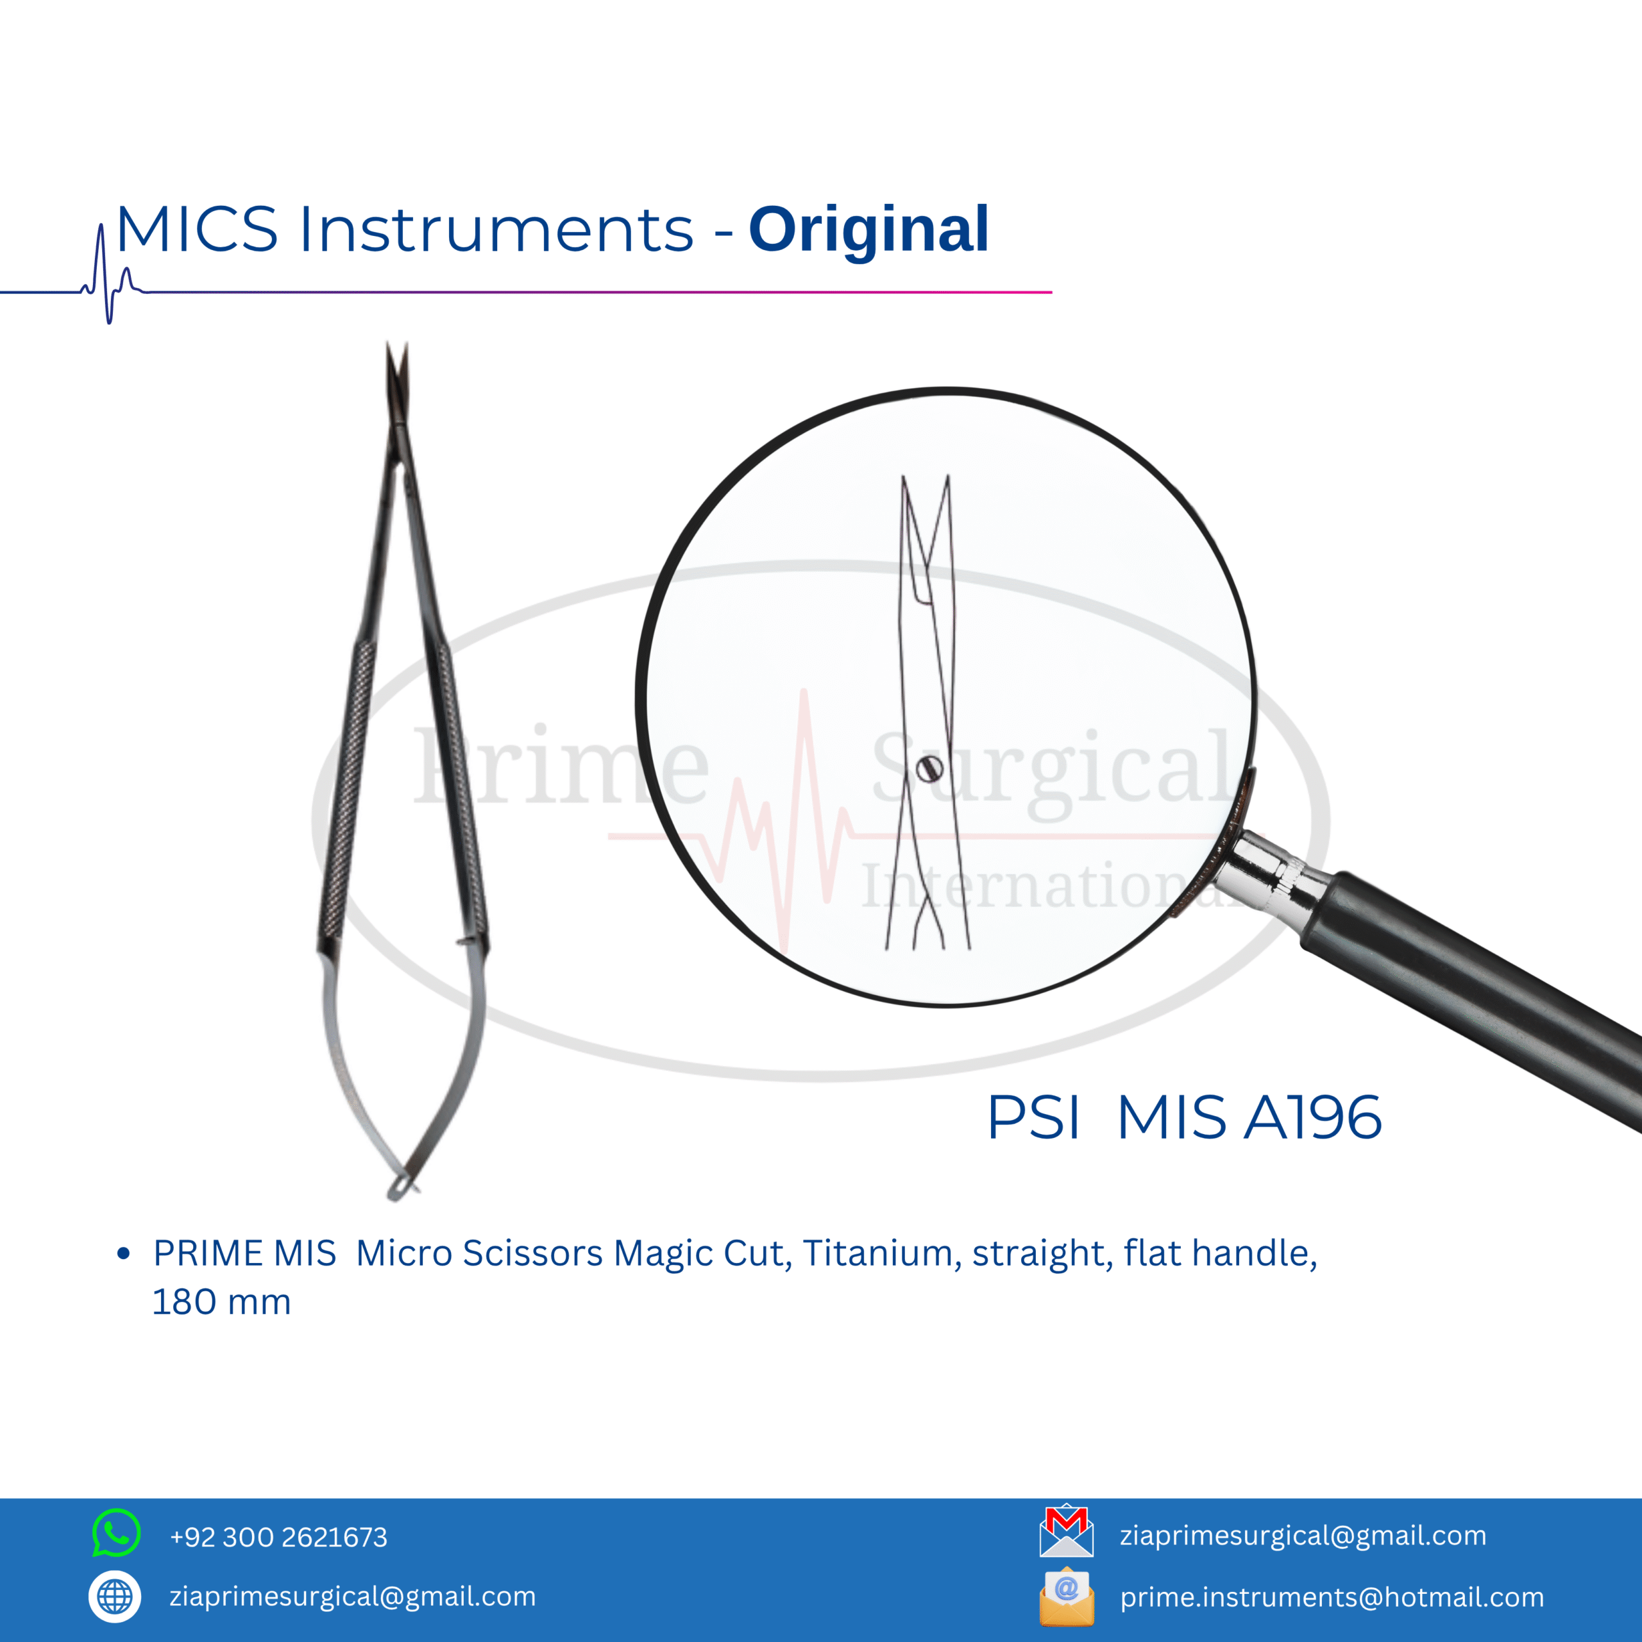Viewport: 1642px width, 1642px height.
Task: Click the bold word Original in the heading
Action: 868,231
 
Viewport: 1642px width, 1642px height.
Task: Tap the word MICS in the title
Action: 197,230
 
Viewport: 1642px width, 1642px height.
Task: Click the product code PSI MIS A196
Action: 1185,1117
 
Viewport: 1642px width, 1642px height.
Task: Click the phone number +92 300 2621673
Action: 279,1537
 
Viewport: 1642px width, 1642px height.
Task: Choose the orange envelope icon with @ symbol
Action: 1067,1596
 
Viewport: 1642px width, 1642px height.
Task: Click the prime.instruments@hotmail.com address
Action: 1332,1597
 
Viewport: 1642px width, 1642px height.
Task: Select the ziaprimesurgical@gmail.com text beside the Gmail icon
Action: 1303,1536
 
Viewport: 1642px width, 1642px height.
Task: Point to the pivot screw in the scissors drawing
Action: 930,769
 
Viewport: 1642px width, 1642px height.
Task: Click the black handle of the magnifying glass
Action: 1470,999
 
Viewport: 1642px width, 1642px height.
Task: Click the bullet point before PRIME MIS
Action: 124,1253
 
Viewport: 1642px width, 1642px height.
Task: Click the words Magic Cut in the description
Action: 703,1253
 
